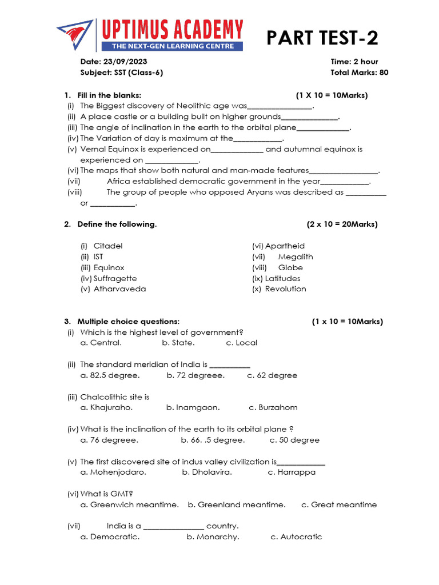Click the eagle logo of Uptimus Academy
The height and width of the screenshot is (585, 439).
pyautogui.click(x=76, y=35)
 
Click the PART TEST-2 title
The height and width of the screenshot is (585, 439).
pyautogui.click(x=322, y=38)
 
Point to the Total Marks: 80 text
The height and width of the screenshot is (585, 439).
pyautogui.click(x=359, y=73)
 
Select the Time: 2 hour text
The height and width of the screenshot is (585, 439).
pyautogui.click(x=354, y=62)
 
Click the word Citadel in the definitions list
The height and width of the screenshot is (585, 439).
pyautogui.click(x=108, y=246)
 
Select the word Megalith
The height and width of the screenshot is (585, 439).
pyautogui.click(x=296, y=257)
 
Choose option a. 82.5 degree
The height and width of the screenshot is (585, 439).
pyautogui.click(x=110, y=376)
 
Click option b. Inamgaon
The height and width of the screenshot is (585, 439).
pyautogui.click(x=193, y=408)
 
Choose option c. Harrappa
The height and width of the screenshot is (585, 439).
pyautogui.click(x=292, y=472)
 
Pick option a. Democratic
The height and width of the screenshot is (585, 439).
pyautogui.click(x=110, y=537)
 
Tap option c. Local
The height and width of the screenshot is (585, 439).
pyautogui.click(x=242, y=343)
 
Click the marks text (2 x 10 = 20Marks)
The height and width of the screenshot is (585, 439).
pyautogui.click(x=342, y=225)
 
